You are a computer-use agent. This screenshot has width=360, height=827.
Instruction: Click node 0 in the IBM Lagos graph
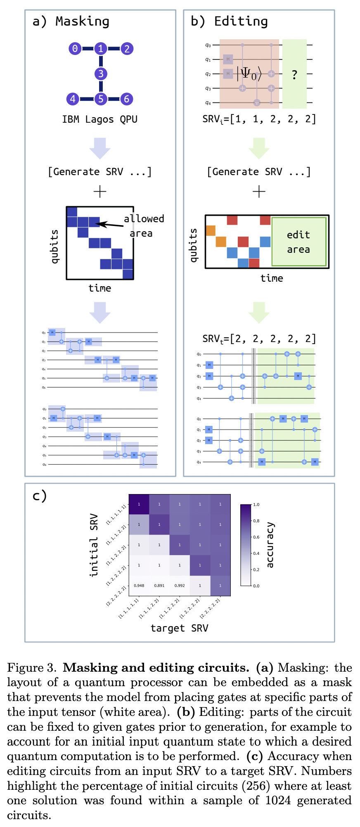click(75, 49)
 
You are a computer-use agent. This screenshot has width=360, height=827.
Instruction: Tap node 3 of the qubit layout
click(101, 74)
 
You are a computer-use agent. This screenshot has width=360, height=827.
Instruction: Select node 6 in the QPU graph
click(127, 99)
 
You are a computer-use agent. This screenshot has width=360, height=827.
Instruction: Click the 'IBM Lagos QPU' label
click(100, 119)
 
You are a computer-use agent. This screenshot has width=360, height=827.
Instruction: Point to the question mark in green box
click(294, 75)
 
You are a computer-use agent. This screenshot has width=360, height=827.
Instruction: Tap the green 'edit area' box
click(298, 242)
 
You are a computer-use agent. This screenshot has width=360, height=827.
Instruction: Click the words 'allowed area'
click(143, 226)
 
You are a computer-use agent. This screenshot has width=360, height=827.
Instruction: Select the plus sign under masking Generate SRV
click(100, 191)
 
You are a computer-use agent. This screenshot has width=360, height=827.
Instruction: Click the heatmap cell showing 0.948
click(139, 585)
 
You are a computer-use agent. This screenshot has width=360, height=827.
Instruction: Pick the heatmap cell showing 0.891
click(159, 585)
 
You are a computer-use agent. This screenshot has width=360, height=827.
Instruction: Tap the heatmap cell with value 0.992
click(180, 585)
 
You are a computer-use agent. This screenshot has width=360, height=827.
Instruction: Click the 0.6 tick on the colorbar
click(256, 537)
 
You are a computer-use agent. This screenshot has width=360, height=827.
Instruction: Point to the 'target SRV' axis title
click(179, 628)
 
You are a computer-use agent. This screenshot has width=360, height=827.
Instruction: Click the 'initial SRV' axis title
click(94, 545)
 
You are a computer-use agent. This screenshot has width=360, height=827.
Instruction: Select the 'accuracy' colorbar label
click(270, 545)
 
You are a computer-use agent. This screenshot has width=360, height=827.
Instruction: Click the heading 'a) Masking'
click(71, 21)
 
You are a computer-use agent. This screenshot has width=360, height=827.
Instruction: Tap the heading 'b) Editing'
click(229, 21)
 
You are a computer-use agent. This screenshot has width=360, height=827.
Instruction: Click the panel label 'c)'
click(40, 496)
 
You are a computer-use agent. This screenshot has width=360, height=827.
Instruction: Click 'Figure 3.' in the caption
click(31, 668)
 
